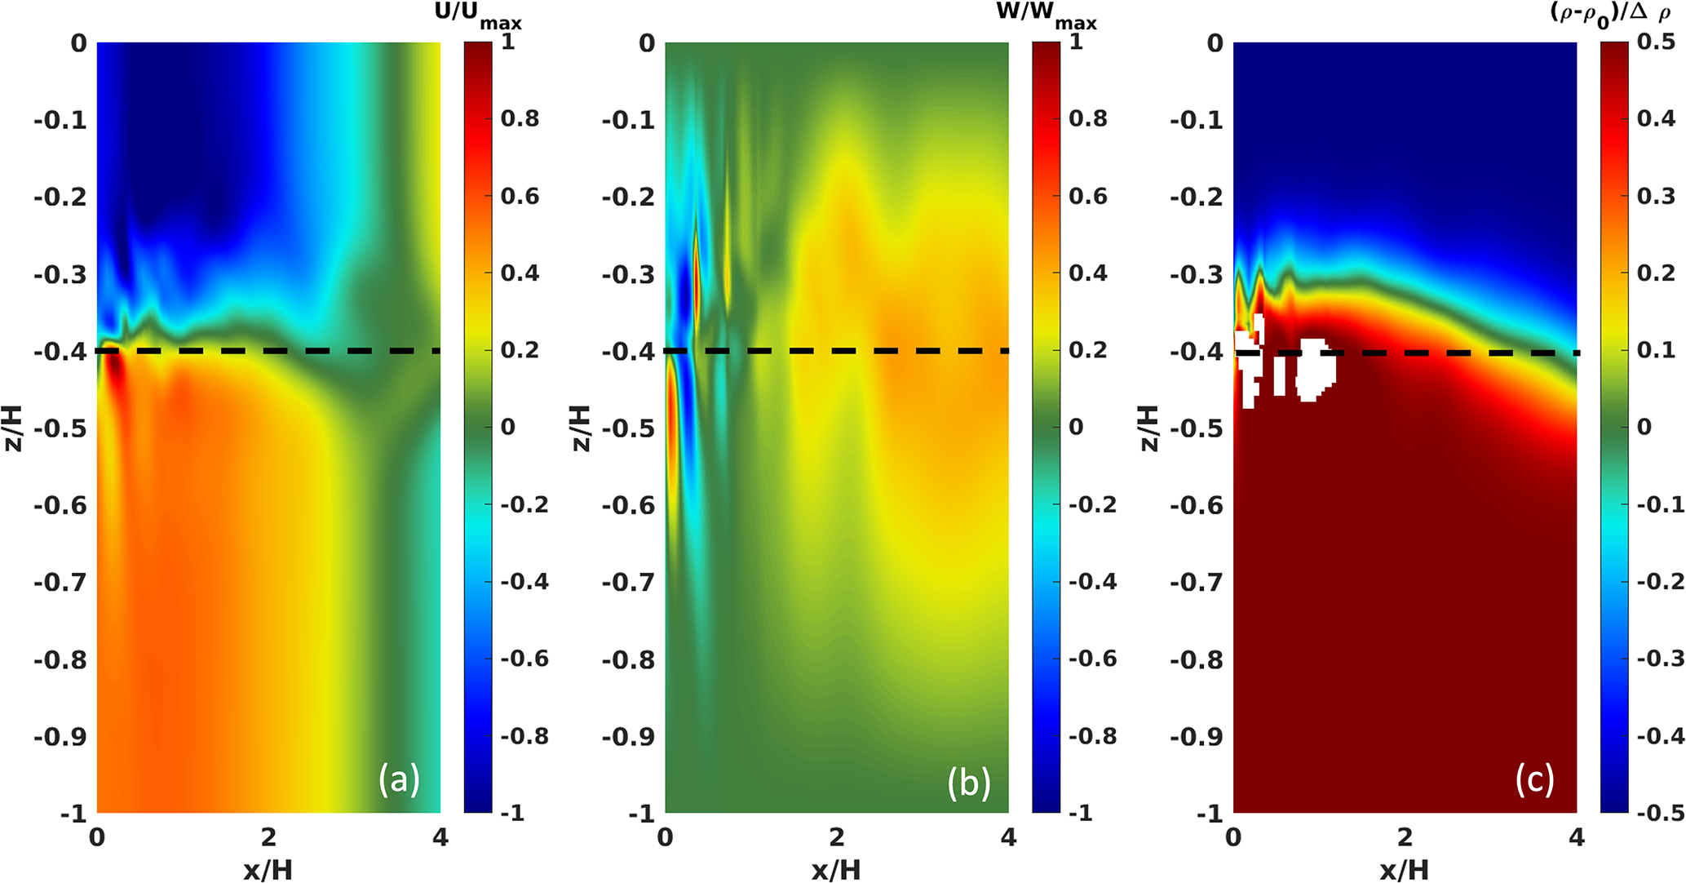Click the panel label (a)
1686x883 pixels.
click(398, 780)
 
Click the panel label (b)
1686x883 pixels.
click(968, 782)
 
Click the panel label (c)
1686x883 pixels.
click(1534, 780)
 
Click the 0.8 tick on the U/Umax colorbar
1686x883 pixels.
click(520, 119)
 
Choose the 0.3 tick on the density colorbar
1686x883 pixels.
click(1656, 197)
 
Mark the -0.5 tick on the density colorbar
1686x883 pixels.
click(1656, 813)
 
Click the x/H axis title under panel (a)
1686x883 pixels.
click(268, 870)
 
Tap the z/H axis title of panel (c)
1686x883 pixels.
click(1148, 428)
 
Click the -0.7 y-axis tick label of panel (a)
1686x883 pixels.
click(60, 583)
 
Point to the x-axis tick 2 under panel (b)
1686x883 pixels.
click(837, 838)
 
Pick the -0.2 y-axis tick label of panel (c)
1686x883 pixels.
click(1197, 197)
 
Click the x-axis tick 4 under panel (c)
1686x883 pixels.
click(1577, 838)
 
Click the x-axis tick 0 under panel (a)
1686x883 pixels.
click(97, 838)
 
